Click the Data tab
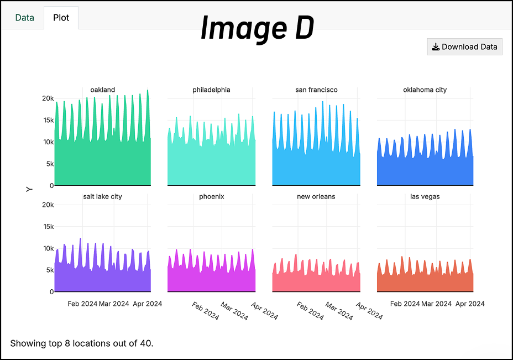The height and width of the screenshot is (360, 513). [24, 17]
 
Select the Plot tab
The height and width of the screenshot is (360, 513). [61, 17]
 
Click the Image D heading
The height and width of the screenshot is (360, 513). [257, 28]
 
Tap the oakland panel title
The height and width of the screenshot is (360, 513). [102, 90]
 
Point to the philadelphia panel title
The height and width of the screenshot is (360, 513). [211, 90]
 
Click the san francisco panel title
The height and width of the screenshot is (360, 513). [316, 90]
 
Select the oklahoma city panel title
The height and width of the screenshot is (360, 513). [425, 90]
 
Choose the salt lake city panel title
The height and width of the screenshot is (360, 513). [102, 196]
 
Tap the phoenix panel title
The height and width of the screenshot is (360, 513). [211, 196]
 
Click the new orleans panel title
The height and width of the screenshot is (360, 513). [316, 196]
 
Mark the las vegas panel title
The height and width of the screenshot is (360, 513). [425, 196]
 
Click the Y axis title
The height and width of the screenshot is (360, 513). [29, 189]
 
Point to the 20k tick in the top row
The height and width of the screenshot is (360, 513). [48, 98]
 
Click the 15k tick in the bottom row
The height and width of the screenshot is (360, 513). [48, 227]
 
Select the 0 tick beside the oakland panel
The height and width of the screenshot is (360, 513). [51, 185]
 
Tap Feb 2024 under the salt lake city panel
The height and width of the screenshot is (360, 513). [82, 304]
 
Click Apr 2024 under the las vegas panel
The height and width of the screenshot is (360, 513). [470, 304]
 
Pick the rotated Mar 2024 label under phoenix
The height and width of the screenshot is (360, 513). [234, 311]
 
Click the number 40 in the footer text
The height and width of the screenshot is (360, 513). [146, 343]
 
